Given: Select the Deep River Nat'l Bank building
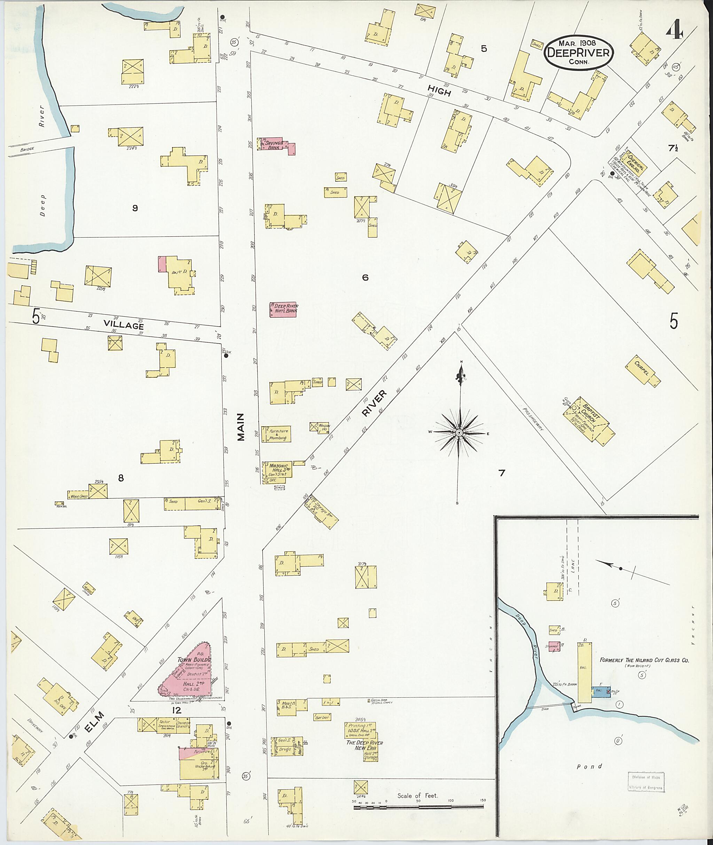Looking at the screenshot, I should (x=283, y=309).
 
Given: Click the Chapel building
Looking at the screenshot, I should (x=642, y=370).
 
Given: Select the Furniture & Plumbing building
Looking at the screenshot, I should (x=276, y=434).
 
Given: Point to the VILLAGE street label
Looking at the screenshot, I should (x=124, y=325).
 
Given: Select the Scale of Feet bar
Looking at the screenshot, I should (x=418, y=807).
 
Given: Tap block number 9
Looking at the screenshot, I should (x=135, y=208).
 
